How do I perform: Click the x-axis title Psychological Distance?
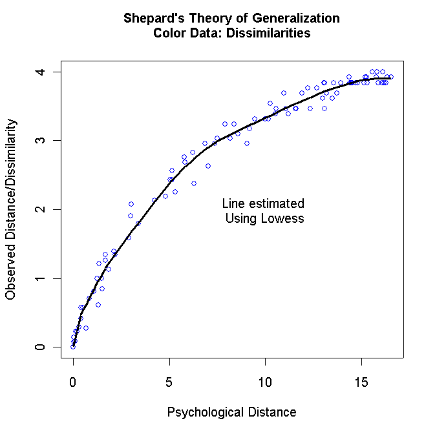[231, 412]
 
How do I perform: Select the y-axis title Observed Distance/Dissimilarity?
[11, 209]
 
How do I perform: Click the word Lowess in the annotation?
[282, 219]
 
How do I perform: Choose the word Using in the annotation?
[241, 219]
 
